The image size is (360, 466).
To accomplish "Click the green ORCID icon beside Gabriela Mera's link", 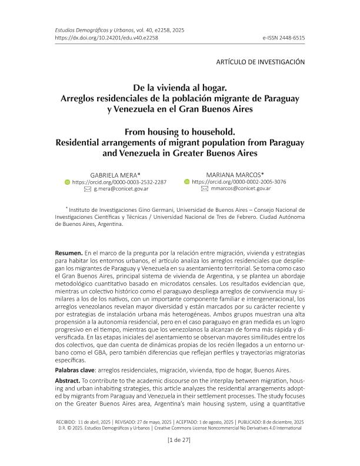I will (66, 182).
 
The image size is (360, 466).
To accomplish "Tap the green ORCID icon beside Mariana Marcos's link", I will (187, 182).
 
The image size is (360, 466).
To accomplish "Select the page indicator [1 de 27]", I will (179, 439).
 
